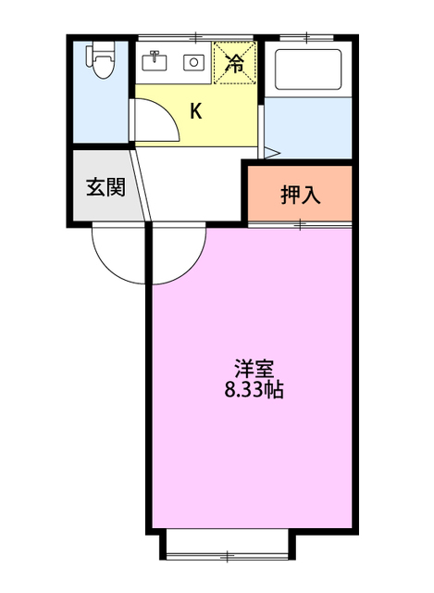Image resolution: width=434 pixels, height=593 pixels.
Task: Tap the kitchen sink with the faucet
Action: pyautogui.click(x=155, y=62)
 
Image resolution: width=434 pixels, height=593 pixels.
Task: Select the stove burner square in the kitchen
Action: pyautogui.click(x=194, y=63)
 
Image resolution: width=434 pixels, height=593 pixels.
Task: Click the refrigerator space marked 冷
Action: pyautogui.click(x=235, y=64)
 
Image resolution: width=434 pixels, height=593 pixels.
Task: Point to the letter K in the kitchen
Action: pyautogui.click(x=196, y=112)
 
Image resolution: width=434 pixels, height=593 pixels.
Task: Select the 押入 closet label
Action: pyautogui.click(x=301, y=195)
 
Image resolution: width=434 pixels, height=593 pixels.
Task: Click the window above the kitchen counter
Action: pyautogui.click(x=197, y=38)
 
